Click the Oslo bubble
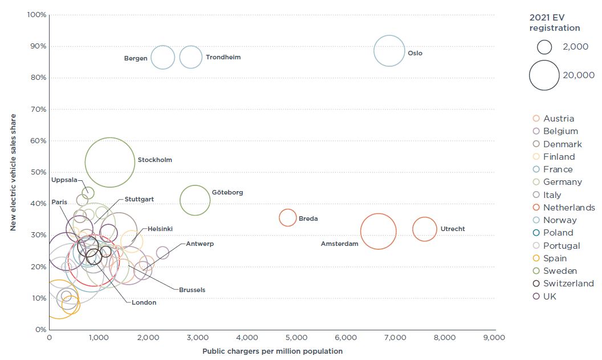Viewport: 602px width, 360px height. coord(389,51)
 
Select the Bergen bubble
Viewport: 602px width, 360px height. coord(163,57)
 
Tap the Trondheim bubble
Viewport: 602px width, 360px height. coord(190,56)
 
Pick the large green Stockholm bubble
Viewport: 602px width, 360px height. coord(110,162)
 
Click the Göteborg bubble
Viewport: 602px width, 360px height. coord(195,200)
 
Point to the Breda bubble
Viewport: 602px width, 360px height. coord(288,217)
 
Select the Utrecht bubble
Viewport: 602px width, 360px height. coord(424,229)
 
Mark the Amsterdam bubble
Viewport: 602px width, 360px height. coord(378,231)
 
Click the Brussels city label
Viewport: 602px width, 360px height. coord(192,290)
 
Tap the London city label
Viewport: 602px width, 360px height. coord(144,302)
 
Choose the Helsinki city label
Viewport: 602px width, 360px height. coord(160,229)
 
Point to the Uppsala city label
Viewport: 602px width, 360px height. coord(64,180)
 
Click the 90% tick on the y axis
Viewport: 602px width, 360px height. coord(38,46)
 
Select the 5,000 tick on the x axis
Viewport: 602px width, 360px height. coord(296,338)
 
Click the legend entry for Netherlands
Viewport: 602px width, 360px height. coord(569,208)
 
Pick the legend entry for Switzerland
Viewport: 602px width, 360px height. coord(568,284)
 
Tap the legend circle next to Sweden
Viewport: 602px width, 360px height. coord(535,271)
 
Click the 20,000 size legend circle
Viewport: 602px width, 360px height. coord(544,75)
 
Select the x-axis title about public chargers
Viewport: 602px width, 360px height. coord(272,351)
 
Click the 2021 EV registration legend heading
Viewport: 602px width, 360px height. coord(555,23)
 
